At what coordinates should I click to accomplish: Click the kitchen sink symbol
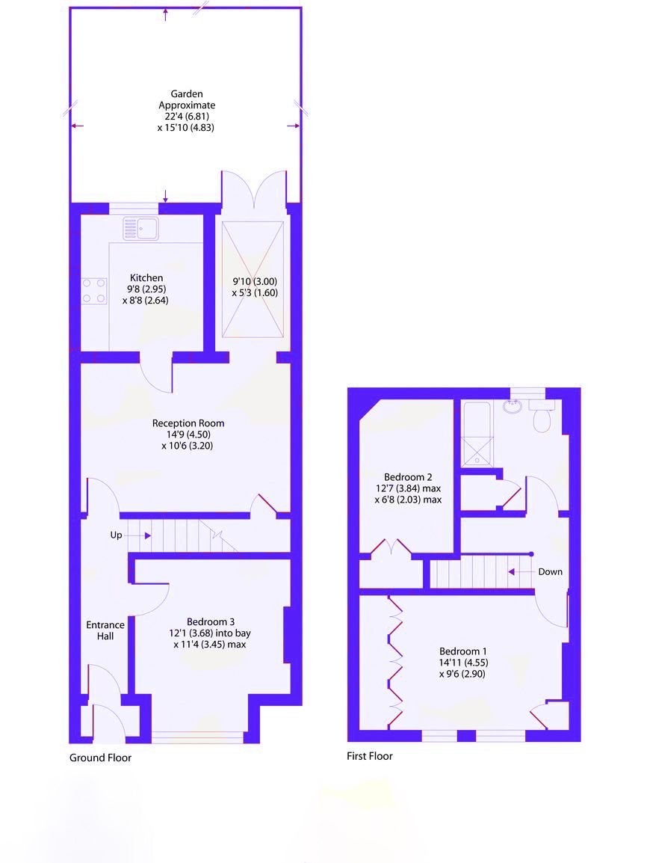click(140, 228)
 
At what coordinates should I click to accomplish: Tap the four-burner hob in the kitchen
click(94, 291)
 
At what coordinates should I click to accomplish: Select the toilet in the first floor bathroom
click(543, 417)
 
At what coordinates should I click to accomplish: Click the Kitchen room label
click(146, 278)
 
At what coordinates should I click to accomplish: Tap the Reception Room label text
click(188, 423)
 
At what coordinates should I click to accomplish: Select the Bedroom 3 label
click(211, 622)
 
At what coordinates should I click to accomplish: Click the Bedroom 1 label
click(463, 651)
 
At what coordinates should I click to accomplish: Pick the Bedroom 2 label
click(408, 477)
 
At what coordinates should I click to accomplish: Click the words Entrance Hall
click(105, 630)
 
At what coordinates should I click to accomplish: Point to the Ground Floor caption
click(101, 758)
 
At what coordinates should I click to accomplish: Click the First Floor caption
click(369, 756)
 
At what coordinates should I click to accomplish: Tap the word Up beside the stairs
click(116, 535)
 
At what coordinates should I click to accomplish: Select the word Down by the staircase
click(551, 572)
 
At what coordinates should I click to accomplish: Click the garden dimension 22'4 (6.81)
click(183, 116)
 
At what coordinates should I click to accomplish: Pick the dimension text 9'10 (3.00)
click(255, 281)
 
